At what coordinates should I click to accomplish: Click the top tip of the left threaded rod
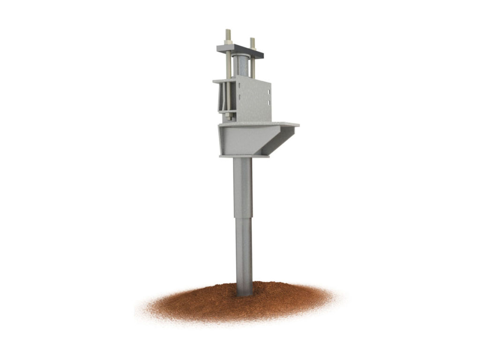[228, 31]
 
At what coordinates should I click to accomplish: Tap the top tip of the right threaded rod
[252, 39]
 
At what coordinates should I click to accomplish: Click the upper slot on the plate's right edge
[268, 91]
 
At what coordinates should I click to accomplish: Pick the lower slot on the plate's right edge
[268, 102]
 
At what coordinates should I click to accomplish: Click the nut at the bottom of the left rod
[228, 114]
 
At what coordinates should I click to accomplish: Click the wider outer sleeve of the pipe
[243, 187]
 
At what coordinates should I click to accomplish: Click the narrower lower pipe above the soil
[244, 253]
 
